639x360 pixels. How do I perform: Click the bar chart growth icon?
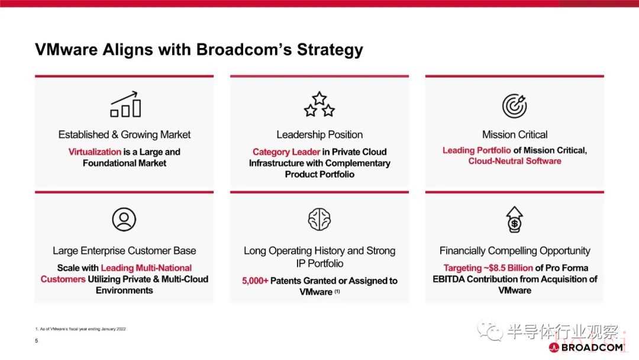125,104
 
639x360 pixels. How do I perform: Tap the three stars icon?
319,104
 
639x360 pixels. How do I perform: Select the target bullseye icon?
514,105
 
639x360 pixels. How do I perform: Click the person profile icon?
124,219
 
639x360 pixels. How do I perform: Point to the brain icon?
319,219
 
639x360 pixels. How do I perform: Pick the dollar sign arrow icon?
514,219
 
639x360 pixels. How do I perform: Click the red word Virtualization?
95,152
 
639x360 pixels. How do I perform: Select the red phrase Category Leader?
286,152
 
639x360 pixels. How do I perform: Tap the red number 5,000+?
255,281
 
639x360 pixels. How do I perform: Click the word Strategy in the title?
330,50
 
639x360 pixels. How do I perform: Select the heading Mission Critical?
515,134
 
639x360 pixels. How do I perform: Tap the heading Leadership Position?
319,134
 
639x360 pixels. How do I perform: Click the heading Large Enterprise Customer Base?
124,250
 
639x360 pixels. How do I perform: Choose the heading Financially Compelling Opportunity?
515,250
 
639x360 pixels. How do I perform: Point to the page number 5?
36,340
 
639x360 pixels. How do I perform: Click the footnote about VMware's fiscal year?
80,329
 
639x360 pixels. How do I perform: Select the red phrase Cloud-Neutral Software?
515,161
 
